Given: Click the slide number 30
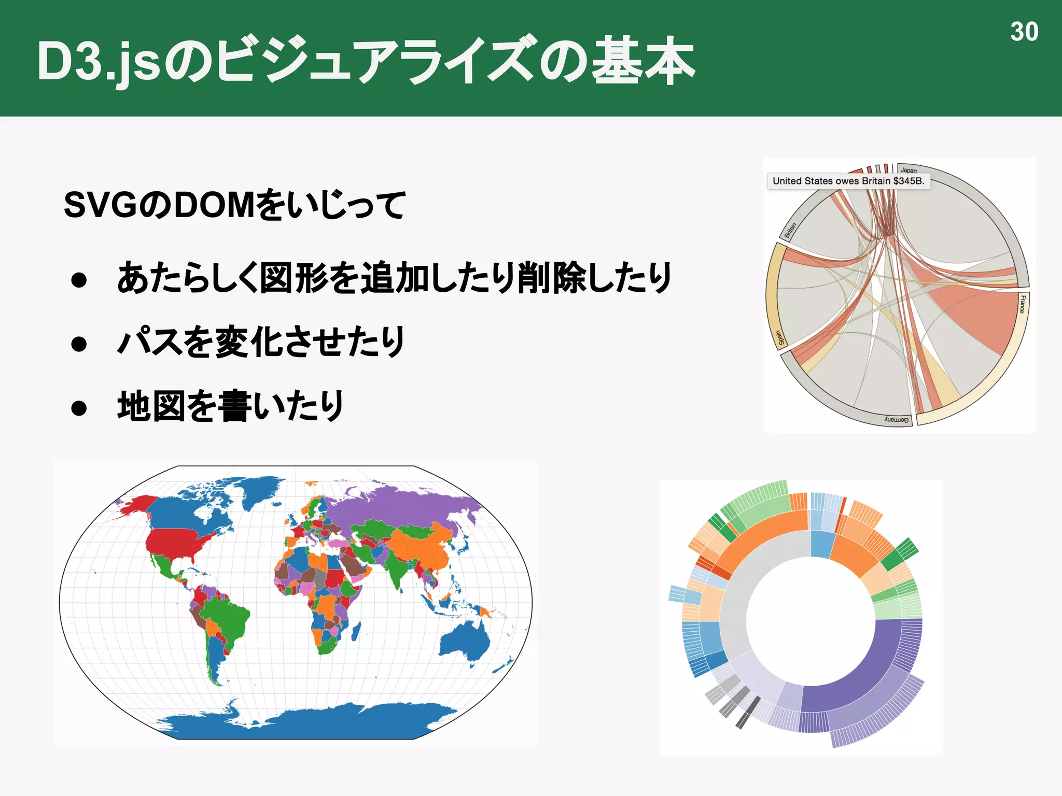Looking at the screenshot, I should point(1024,32).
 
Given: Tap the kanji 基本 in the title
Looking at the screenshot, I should point(643,61).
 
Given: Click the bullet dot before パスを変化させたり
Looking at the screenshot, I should point(79,344).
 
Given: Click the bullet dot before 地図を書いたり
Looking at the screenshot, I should point(79,408).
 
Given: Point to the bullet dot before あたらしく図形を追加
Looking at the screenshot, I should point(79,280).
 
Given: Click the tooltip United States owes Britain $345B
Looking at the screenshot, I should point(848,181).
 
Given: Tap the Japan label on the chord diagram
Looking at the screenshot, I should point(909,170).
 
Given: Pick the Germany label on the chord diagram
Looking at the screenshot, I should point(897,419).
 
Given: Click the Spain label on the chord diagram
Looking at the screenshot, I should point(779,337).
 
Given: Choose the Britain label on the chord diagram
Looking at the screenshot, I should point(790,230).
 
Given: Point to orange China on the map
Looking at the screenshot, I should point(420,549).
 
